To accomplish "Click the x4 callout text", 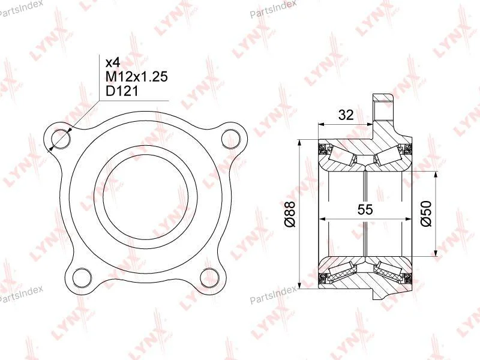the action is coord(113,63).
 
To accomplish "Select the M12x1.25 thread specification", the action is coord(137,77).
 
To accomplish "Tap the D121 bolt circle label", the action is coord(122,91).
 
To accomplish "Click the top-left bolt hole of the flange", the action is coord(61,139).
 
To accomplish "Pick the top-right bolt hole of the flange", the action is coord(230,139).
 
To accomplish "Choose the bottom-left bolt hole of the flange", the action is coord(82,277).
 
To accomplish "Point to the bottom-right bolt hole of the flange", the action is coord(209,277).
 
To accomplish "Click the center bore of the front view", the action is coord(146,197).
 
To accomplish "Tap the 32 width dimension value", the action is coord(346,115).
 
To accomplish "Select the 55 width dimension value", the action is coord(365,209).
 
